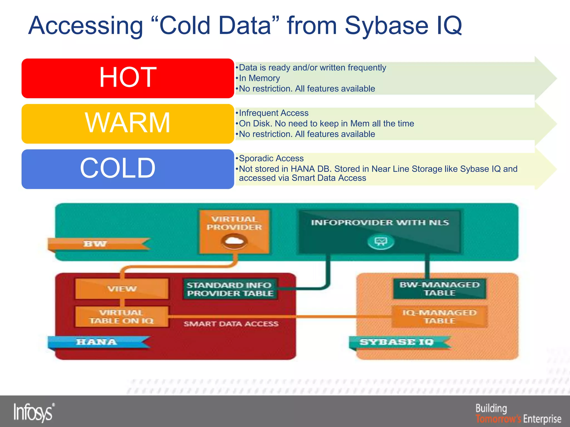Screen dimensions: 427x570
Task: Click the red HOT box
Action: point(127,78)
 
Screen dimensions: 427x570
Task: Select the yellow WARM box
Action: point(127,124)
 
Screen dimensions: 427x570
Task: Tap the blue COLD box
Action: point(127,169)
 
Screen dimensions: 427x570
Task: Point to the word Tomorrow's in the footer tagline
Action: point(498,419)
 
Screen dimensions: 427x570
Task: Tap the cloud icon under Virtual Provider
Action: point(234,241)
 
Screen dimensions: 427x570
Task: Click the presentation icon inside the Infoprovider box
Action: point(381,241)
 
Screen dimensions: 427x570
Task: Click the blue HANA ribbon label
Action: point(97,342)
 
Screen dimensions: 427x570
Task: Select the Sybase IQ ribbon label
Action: point(397,342)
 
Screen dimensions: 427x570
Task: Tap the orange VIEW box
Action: point(122,289)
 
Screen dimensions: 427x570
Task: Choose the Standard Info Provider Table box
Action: point(230,289)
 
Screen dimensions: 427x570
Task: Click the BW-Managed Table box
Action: point(439,289)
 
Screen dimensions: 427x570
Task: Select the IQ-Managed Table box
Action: point(439,317)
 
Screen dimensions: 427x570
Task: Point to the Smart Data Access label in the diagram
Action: point(231,324)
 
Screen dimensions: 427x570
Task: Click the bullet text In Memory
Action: point(259,78)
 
